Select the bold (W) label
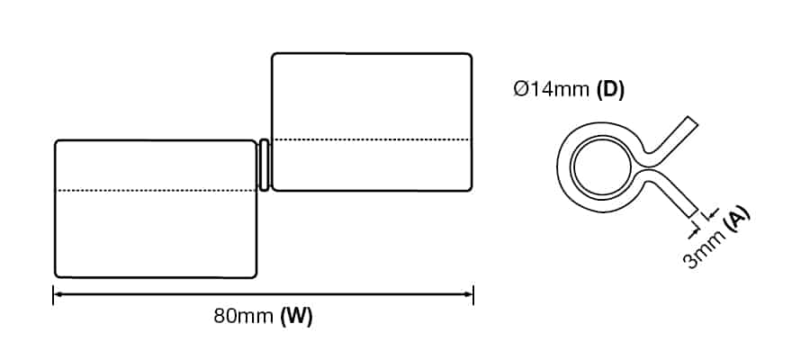coord(296,317)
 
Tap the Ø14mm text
coord(552,90)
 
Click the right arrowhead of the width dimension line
coord(471,293)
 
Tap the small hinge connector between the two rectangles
coord(265,165)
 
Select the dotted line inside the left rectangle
coord(156,191)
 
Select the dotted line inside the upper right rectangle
coord(372,139)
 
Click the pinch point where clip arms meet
coord(642,168)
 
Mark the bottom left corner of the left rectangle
coord(57,275)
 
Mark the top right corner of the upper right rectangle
coord(470,55)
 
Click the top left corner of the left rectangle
coord(57,142)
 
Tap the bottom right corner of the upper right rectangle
coord(470,189)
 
